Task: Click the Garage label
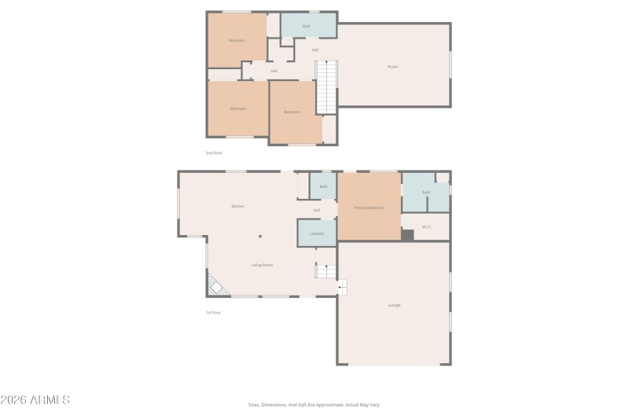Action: pos(394,305)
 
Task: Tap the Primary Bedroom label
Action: pos(369,208)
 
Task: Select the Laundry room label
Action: pos(317,233)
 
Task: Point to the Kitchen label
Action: pos(237,206)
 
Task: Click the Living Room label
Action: pos(262,265)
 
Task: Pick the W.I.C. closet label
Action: pos(426,227)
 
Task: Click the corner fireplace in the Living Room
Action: pos(216,285)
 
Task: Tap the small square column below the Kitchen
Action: pos(261,236)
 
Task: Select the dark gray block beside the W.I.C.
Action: pos(407,234)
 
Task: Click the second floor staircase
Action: pos(326,87)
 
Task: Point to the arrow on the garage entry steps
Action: pos(341,289)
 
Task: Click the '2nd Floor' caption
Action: pos(214,153)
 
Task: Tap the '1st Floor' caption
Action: pos(213,312)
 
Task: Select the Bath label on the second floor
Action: pos(307,26)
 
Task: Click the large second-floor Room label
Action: pos(393,66)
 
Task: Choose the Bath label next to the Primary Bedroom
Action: pos(426,192)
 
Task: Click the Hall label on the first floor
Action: pos(316,210)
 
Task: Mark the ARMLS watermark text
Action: pos(35,400)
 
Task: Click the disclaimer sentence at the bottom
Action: pos(314,405)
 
